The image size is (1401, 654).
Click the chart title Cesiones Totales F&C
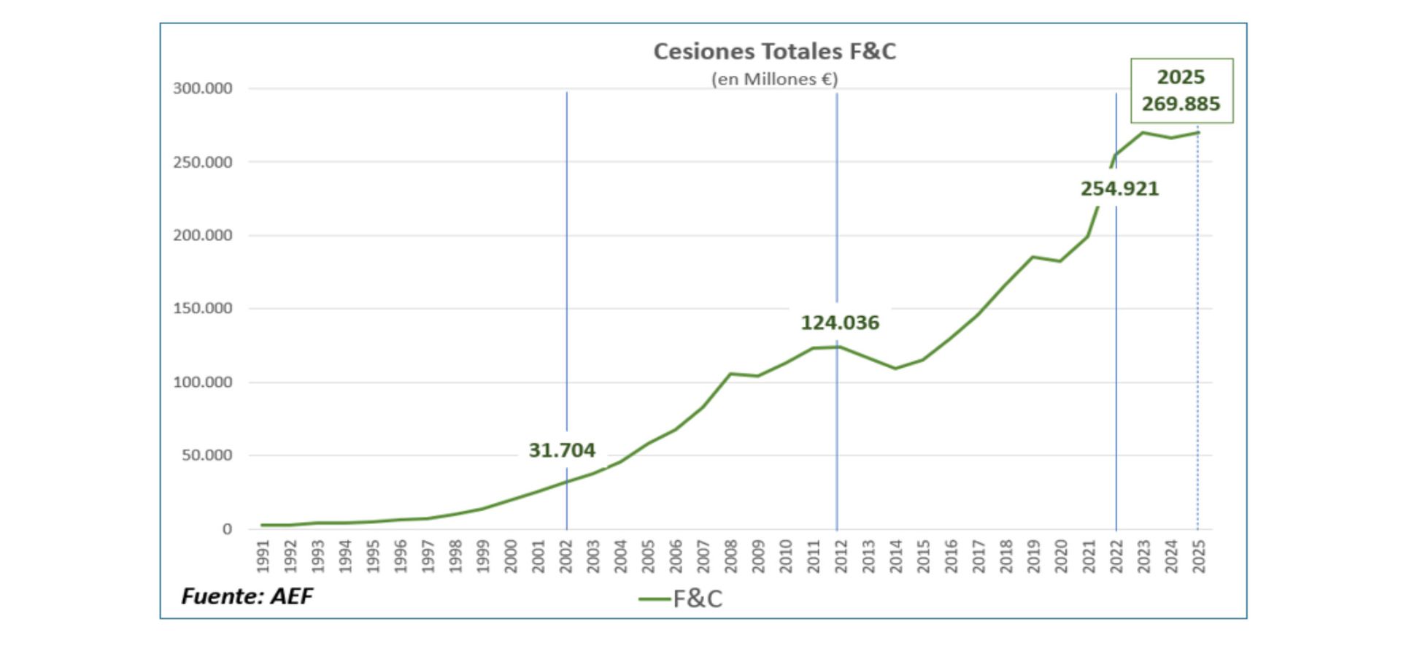click(774, 51)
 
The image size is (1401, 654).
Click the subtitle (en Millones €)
click(774, 79)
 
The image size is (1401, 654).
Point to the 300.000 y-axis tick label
click(202, 88)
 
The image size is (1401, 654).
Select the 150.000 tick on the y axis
click(202, 308)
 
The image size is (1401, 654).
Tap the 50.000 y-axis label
click(207, 455)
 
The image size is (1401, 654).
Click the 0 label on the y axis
click(228, 529)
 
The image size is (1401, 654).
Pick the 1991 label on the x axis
click(263, 556)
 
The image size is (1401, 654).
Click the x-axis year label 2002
click(566, 556)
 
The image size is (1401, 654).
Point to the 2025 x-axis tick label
click(1199, 556)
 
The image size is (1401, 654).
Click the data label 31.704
click(562, 450)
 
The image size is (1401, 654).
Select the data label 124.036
click(840, 323)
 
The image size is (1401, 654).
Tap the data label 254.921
click(1119, 188)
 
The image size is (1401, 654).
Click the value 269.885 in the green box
click(1181, 104)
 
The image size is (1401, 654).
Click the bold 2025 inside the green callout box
click(1181, 77)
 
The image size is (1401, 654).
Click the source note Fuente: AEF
click(247, 596)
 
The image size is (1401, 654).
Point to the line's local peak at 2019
click(1033, 256)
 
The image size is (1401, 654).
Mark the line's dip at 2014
click(895, 369)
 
